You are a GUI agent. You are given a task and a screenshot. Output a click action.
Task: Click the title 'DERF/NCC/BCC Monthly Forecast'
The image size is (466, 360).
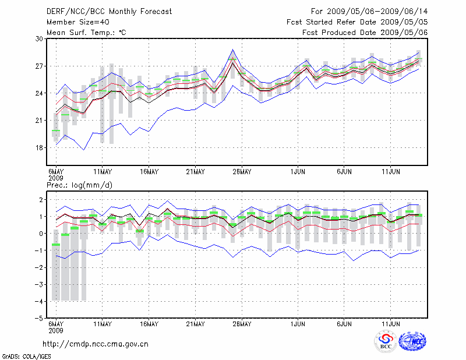pyautogui.click(x=109, y=12)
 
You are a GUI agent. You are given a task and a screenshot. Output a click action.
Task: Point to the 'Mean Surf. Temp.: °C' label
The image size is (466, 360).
pyautogui.click(x=86, y=33)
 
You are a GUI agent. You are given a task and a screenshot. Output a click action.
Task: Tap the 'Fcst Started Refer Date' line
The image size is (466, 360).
pyautogui.click(x=357, y=22)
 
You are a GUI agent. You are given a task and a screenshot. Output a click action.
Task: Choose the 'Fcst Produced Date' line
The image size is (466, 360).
pyautogui.click(x=365, y=33)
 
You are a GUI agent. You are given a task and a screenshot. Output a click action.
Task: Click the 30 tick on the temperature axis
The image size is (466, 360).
pyautogui.click(x=40, y=38)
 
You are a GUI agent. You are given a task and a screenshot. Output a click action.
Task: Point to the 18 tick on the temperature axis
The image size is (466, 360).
pyautogui.click(x=40, y=148)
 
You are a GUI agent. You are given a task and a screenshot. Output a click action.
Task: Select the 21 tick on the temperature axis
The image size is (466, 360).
pyautogui.click(x=40, y=121)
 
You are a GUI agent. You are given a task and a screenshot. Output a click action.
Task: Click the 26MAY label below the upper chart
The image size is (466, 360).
pyautogui.click(x=242, y=172)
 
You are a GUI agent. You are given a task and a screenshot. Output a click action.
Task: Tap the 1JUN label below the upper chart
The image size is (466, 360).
pyautogui.click(x=298, y=172)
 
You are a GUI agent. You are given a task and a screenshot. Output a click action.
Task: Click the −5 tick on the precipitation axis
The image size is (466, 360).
pyautogui.click(x=40, y=319)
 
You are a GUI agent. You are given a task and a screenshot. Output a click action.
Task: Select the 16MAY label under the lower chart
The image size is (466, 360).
pyautogui.click(x=149, y=324)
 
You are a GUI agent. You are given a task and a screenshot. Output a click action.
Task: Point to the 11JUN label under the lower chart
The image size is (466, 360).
pyautogui.click(x=391, y=324)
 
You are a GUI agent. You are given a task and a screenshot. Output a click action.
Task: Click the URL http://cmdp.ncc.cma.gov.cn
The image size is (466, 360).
pyautogui.click(x=96, y=344)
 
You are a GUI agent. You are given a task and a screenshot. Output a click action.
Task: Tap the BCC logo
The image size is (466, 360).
pyautogui.click(x=386, y=341)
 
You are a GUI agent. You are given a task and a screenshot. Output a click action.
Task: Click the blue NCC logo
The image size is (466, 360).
pyautogui.click(x=412, y=341)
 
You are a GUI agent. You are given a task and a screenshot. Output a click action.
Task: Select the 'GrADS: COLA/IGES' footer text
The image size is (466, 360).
pyautogui.click(x=20, y=355)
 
